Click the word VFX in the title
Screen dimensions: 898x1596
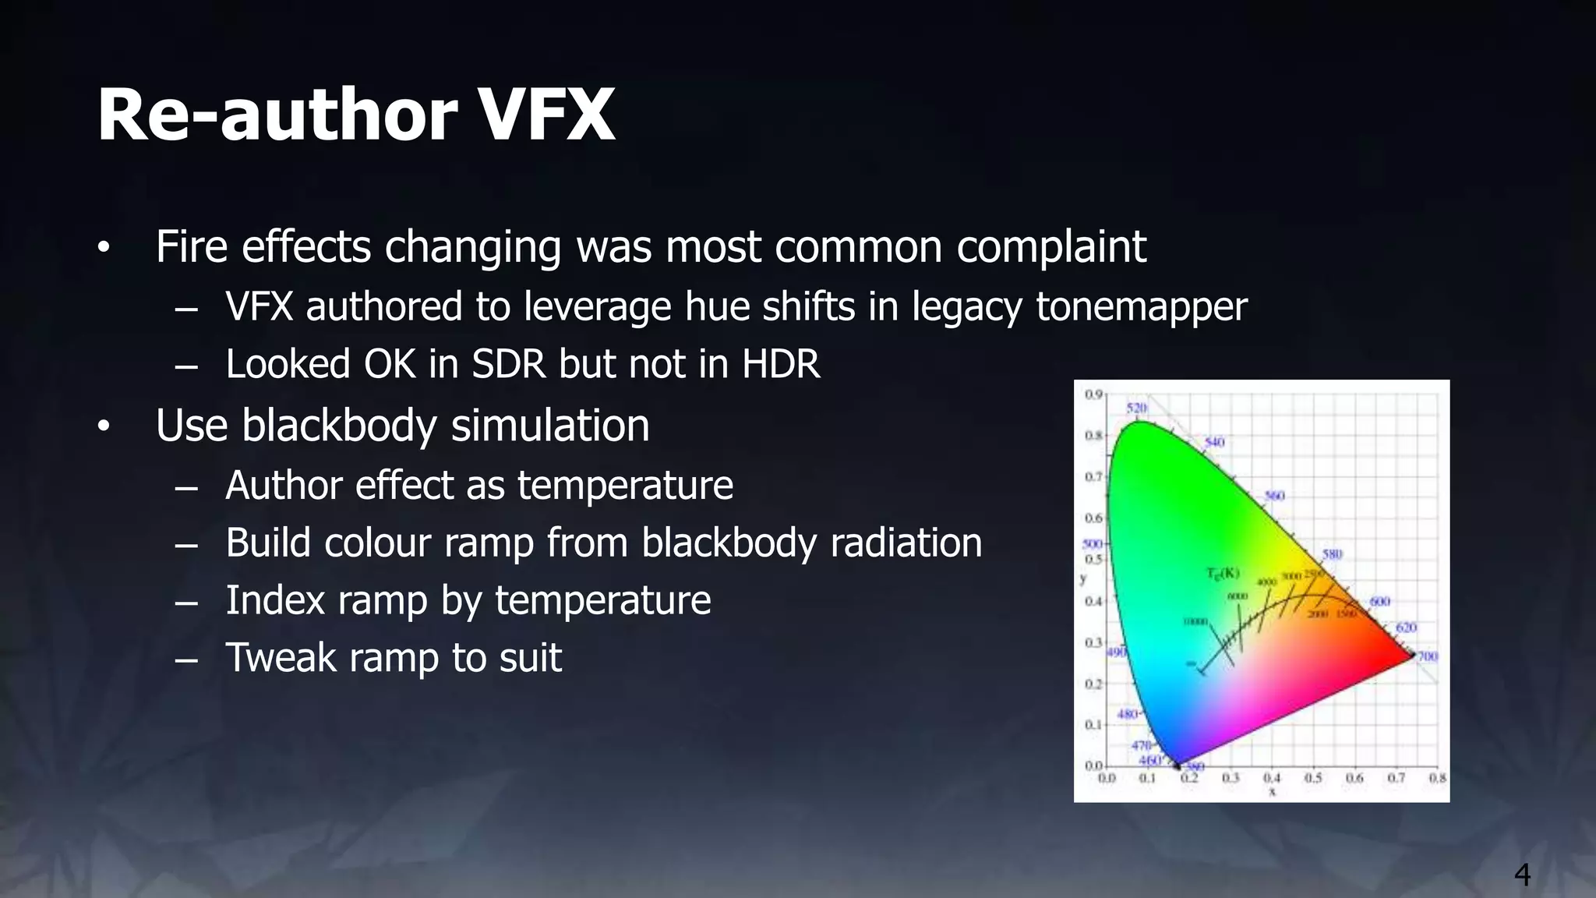tap(546, 115)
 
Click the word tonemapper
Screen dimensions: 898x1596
tap(1141, 306)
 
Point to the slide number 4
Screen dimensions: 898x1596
tap(1522, 875)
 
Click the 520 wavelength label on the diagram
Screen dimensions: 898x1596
tap(1137, 408)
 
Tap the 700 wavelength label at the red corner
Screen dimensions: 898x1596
tap(1427, 656)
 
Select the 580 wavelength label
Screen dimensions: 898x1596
tap(1332, 554)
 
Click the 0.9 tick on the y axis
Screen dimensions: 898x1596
tap(1093, 394)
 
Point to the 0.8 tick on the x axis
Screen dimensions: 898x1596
tap(1437, 778)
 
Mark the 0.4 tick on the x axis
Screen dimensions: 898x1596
tap(1272, 778)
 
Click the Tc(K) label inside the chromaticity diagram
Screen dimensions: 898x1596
tap(1223, 574)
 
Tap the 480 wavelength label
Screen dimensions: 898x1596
tap(1128, 714)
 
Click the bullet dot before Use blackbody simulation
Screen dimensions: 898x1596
tap(104, 427)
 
